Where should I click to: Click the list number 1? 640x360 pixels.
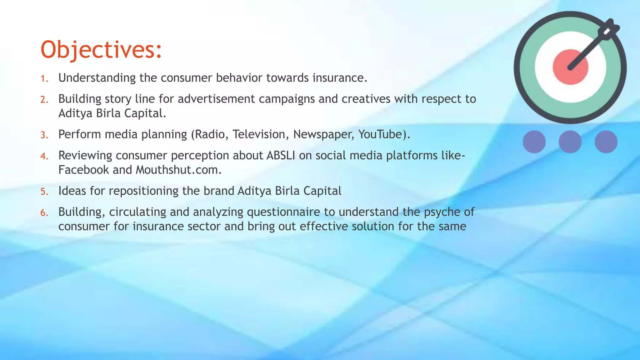(x=44, y=78)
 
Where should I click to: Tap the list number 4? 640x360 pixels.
(x=44, y=156)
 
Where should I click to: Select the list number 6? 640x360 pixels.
(x=44, y=213)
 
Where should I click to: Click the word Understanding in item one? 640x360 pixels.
(x=97, y=78)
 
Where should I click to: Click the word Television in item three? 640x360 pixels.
(x=259, y=134)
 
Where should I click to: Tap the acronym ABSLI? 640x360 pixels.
(x=281, y=155)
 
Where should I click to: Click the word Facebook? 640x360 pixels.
(x=83, y=170)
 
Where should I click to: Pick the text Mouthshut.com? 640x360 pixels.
(x=178, y=170)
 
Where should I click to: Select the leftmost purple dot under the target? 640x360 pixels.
(x=534, y=142)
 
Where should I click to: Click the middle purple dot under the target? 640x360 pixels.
(x=570, y=142)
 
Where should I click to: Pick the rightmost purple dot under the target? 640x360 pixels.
(x=606, y=142)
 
